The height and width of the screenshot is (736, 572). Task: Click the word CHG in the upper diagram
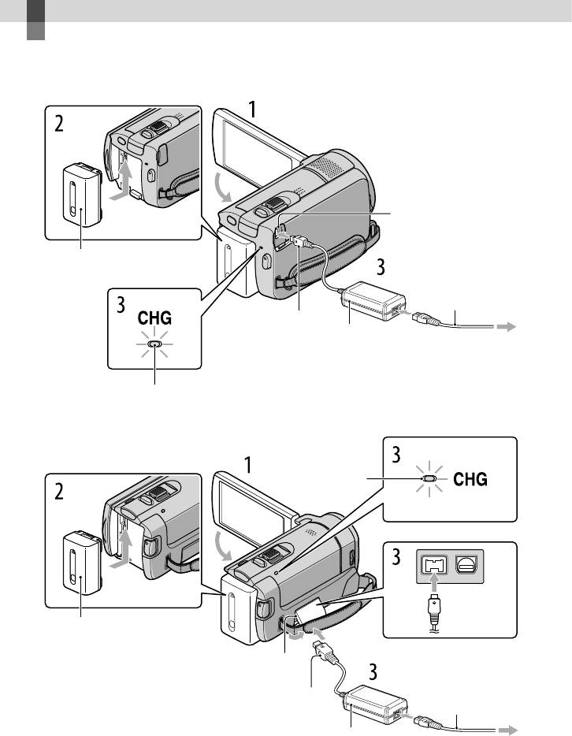(154, 318)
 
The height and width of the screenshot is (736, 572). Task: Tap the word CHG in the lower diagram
(470, 479)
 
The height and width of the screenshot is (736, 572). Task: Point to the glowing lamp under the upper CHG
(154, 344)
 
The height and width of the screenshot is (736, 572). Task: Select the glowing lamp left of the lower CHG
(429, 479)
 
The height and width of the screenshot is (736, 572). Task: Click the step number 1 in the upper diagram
(252, 110)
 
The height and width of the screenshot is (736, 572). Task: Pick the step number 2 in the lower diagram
(58, 492)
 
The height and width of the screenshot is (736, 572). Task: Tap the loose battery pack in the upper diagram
(82, 195)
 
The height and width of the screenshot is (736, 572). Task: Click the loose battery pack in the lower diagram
(82, 563)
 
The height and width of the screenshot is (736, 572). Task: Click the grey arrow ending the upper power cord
(507, 327)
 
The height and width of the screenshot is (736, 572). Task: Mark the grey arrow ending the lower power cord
(507, 730)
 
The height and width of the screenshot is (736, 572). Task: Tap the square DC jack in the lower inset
(434, 565)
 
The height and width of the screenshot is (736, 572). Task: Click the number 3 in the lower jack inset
(396, 557)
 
